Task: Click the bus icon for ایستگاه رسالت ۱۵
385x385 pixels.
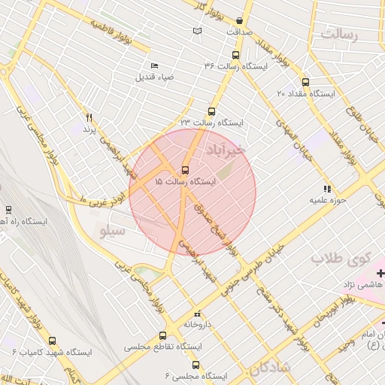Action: click(185, 170)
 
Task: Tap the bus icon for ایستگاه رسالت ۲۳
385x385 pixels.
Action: click(211, 111)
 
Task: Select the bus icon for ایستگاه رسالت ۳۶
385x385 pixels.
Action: click(236, 55)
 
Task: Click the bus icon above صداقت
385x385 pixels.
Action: click(239, 21)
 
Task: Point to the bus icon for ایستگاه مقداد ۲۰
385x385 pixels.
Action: click(305, 82)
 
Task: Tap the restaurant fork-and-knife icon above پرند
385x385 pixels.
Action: click(89, 117)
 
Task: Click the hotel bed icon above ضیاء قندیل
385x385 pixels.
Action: click(155, 65)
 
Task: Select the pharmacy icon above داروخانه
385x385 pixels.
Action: click(198, 314)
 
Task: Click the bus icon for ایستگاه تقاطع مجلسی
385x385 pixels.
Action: click(162, 336)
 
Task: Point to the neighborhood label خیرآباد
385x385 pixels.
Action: click(226, 150)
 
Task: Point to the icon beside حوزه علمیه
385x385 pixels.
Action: click(326, 189)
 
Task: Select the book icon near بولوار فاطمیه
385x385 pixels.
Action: click(198, 32)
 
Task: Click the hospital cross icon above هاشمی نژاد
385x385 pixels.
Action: click(380, 273)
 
